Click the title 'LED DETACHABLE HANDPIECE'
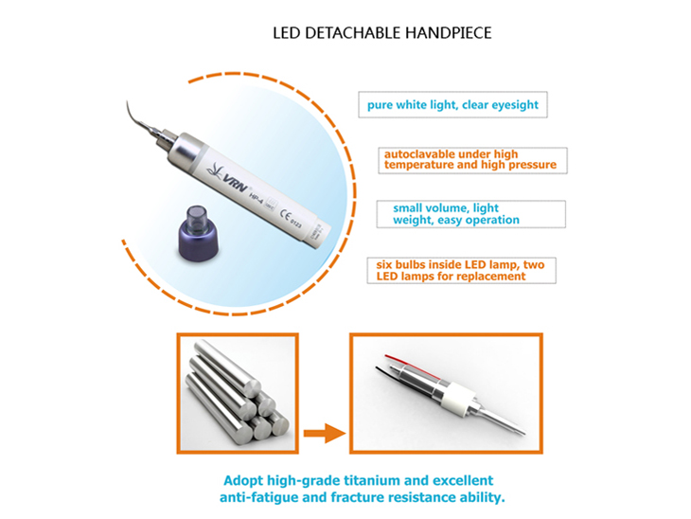(x=382, y=33)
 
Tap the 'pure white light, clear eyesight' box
(x=452, y=105)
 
